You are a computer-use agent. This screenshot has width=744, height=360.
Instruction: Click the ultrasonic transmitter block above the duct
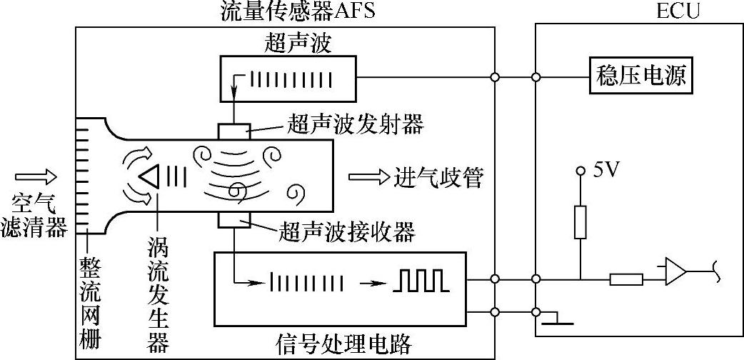tap(234, 131)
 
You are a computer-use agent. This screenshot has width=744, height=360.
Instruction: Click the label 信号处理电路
tap(343, 345)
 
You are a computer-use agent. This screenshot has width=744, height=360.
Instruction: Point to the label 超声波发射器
tap(356, 125)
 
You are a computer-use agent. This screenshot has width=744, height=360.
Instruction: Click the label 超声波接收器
tap(348, 231)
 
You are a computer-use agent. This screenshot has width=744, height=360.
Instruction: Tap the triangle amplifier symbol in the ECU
tap(675, 272)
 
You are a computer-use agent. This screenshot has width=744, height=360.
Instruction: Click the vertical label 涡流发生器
tap(156, 292)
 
